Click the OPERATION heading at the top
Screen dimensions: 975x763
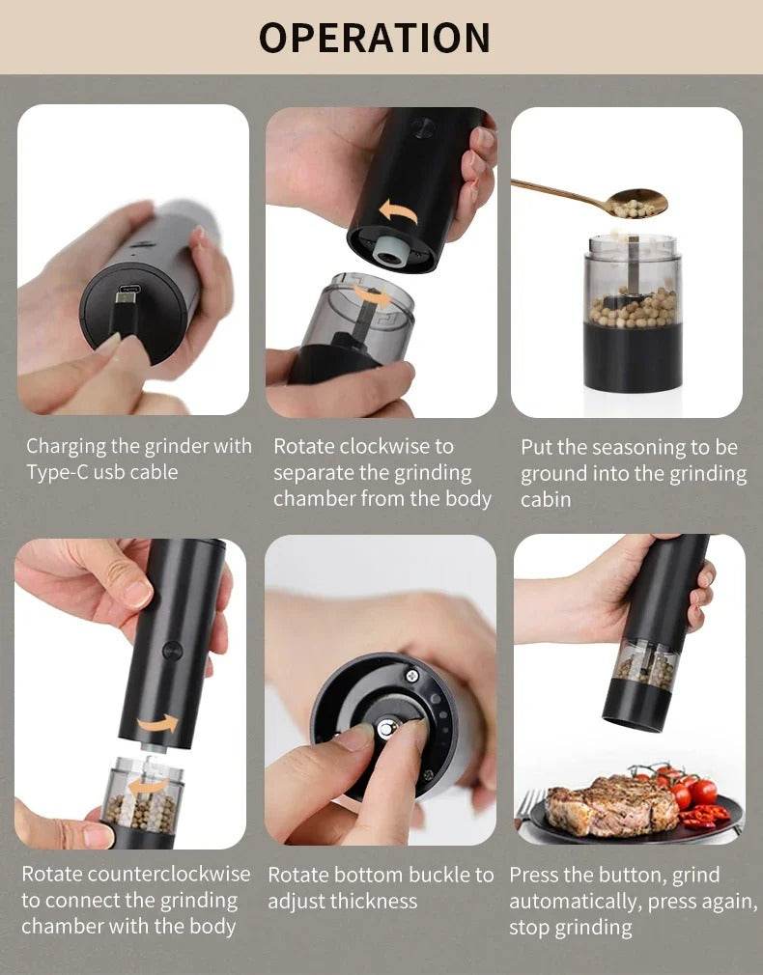pyautogui.click(x=375, y=38)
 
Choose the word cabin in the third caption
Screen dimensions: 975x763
pyautogui.click(x=546, y=499)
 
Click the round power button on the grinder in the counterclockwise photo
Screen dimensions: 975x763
pyautogui.click(x=173, y=650)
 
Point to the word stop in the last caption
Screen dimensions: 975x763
pyautogui.click(x=530, y=928)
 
